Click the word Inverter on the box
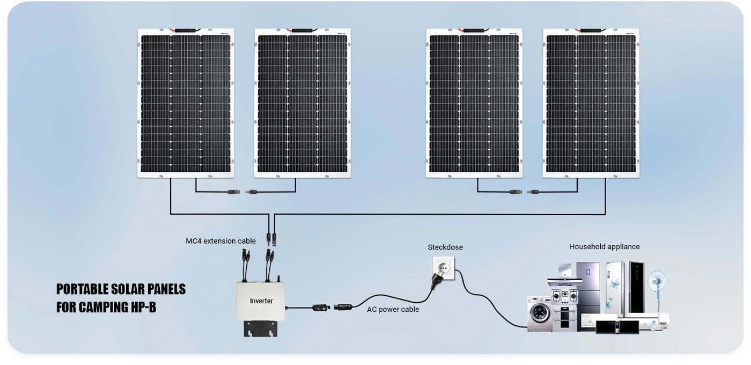[x=261, y=301]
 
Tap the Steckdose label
[x=445, y=247]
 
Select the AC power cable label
[x=393, y=309]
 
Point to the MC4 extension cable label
[x=221, y=241]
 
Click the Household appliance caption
[x=604, y=247]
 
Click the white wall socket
[x=444, y=267]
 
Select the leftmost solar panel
[x=186, y=103]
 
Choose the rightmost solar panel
[x=591, y=103]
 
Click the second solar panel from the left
[x=303, y=103]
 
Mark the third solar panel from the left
[x=474, y=103]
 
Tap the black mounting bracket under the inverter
[x=261, y=328]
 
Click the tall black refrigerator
[x=636, y=287]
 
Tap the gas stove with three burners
[x=565, y=295]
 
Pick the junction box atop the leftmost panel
[x=186, y=31]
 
